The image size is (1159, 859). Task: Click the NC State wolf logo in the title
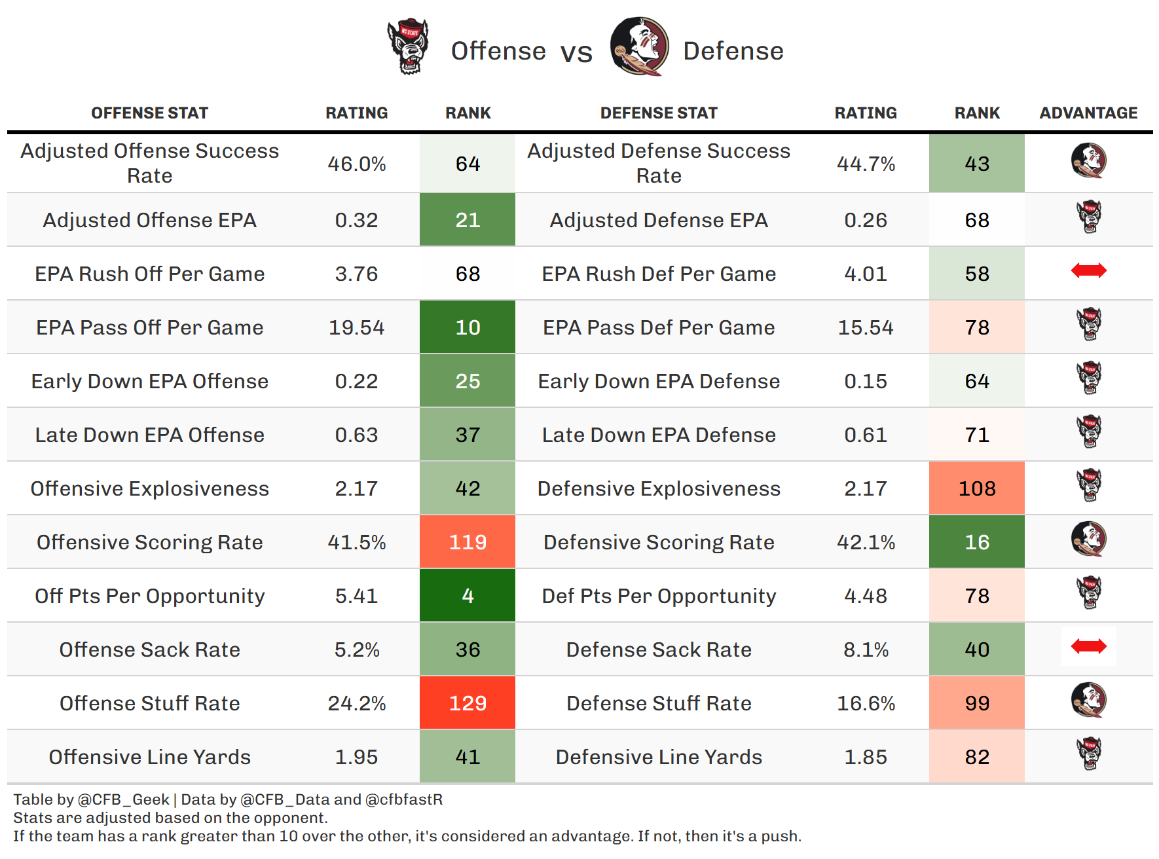(408, 46)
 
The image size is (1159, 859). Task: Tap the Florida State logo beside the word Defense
(639, 46)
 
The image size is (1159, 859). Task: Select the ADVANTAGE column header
(1088, 113)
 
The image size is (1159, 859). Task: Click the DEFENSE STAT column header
(659, 113)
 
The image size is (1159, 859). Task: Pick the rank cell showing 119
(468, 542)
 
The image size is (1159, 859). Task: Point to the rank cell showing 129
(468, 703)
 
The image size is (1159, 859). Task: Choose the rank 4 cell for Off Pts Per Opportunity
(468, 596)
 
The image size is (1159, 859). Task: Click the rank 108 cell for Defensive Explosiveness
(977, 488)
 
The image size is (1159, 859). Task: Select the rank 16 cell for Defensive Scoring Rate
(977, 542)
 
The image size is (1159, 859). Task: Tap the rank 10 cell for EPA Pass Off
(468, 327)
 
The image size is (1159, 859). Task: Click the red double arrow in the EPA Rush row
(1088, 270)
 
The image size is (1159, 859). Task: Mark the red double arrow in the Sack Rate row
(1088, 647)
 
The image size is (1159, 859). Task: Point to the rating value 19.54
(356, 327)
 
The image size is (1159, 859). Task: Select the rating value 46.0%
(356, 164)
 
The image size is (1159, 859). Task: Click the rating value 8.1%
(866, 649)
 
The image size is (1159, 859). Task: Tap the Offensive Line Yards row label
(149, 757)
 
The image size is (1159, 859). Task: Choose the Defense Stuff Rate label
(659, 703)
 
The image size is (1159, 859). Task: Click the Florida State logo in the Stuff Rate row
(1088, 700)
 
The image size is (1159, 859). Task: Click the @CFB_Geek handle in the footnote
(123, 799)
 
